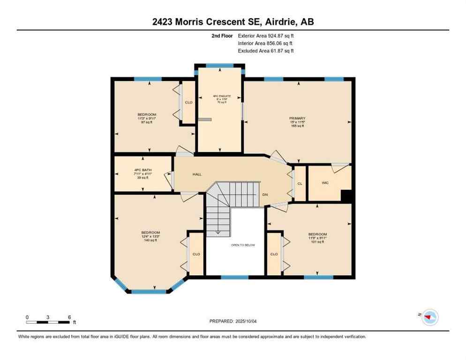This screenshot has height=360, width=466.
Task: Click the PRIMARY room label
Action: [297, 118]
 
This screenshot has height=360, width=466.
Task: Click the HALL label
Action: [197, 174]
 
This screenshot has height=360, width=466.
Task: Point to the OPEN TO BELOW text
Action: [243, 245]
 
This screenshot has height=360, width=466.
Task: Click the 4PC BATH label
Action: [142, 170]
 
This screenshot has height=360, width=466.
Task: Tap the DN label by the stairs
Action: [265, 194]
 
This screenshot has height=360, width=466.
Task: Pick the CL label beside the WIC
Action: [300, 183]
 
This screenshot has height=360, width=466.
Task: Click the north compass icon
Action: [429, 317]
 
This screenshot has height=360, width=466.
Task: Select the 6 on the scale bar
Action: [69, 317]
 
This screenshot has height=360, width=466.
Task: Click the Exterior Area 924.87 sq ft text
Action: [266, 36]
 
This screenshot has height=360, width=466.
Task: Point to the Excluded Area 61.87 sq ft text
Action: [265, 51]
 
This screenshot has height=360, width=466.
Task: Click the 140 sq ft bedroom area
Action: [150, 240]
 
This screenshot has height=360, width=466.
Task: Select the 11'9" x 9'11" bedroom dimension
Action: [317, 238]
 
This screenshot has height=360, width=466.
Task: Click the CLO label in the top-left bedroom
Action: [188, 102]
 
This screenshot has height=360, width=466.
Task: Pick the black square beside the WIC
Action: [346, 195]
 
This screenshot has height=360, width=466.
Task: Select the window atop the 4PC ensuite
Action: [219, 66]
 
